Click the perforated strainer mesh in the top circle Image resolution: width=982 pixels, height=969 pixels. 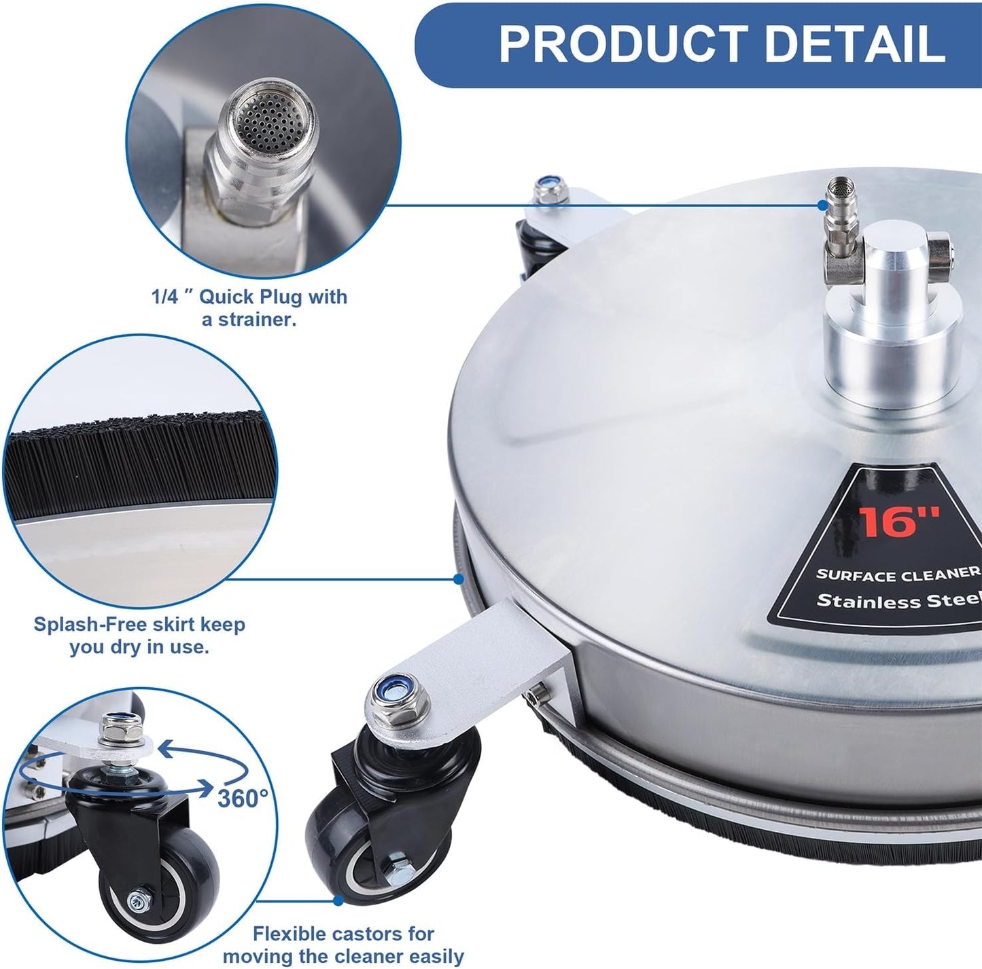coord(268,120)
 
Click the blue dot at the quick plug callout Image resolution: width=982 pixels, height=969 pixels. coord(822,205)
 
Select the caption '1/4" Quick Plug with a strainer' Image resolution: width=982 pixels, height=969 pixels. coord(249,308)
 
